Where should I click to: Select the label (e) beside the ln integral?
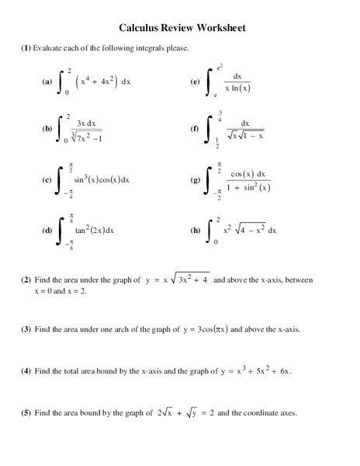click(x=195, y=81)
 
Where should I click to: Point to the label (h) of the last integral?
click(x=195, y=231)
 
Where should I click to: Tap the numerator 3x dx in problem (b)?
click(x=85, y=123)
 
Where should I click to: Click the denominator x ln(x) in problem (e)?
click(x=238, y=87)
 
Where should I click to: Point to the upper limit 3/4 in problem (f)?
click(x=220, y=115)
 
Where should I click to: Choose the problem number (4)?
click(x=26, y=371)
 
